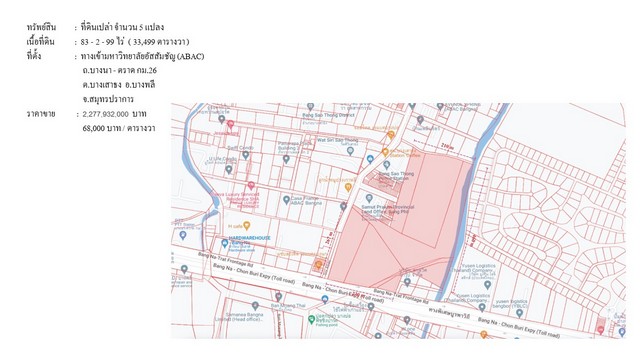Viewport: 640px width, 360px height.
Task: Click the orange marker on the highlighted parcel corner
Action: click(319, 265)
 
